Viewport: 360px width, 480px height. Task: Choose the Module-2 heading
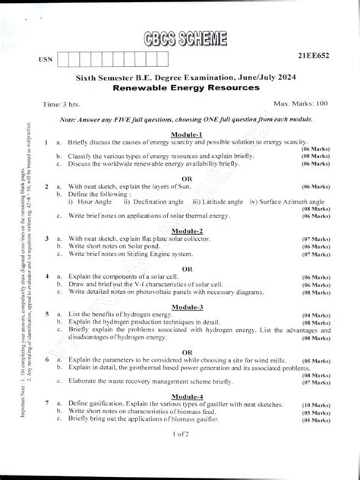pyautogui.click(x=187, y=229)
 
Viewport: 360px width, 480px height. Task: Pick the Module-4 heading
pyautogui.click(x=187, y=397)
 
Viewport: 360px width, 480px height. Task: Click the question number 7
pyautogui.click(x=47, y=406)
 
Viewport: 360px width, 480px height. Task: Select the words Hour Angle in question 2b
pyautogui.click(x=93, y=201)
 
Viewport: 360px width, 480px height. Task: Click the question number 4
pyautogui.click(x=47, y=276)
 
